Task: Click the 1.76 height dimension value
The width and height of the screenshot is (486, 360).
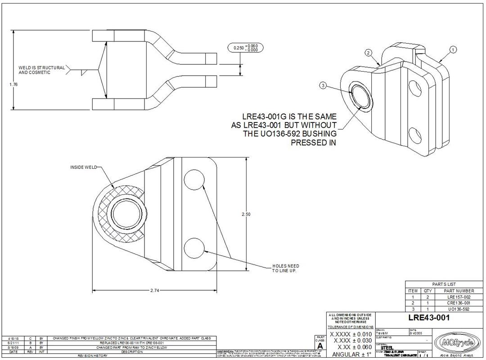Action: (x=13, y=84)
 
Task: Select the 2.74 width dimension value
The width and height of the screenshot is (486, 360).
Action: (x=154, y=291)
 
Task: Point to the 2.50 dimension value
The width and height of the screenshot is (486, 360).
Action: (x=246, y=214)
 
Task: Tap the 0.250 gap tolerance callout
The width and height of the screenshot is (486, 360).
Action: (x=245, y=48)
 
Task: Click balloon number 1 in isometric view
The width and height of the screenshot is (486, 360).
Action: (x=453, y=49)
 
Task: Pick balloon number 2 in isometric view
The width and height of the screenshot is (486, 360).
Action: (x=368, y=53)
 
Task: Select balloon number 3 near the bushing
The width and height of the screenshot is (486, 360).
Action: (x=323, y=85)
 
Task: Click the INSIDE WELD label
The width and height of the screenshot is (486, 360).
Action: (x=83, y=167)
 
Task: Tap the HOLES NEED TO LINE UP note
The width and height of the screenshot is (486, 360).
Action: (x=285, y=268)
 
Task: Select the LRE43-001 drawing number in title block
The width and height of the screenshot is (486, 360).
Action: (x=429, y=318)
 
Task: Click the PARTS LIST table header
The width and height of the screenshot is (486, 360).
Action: (x=444, y=284)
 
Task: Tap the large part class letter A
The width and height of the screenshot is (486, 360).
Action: (x=320, y=346)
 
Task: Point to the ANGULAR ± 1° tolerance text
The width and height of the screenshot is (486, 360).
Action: (x=351, y=354)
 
